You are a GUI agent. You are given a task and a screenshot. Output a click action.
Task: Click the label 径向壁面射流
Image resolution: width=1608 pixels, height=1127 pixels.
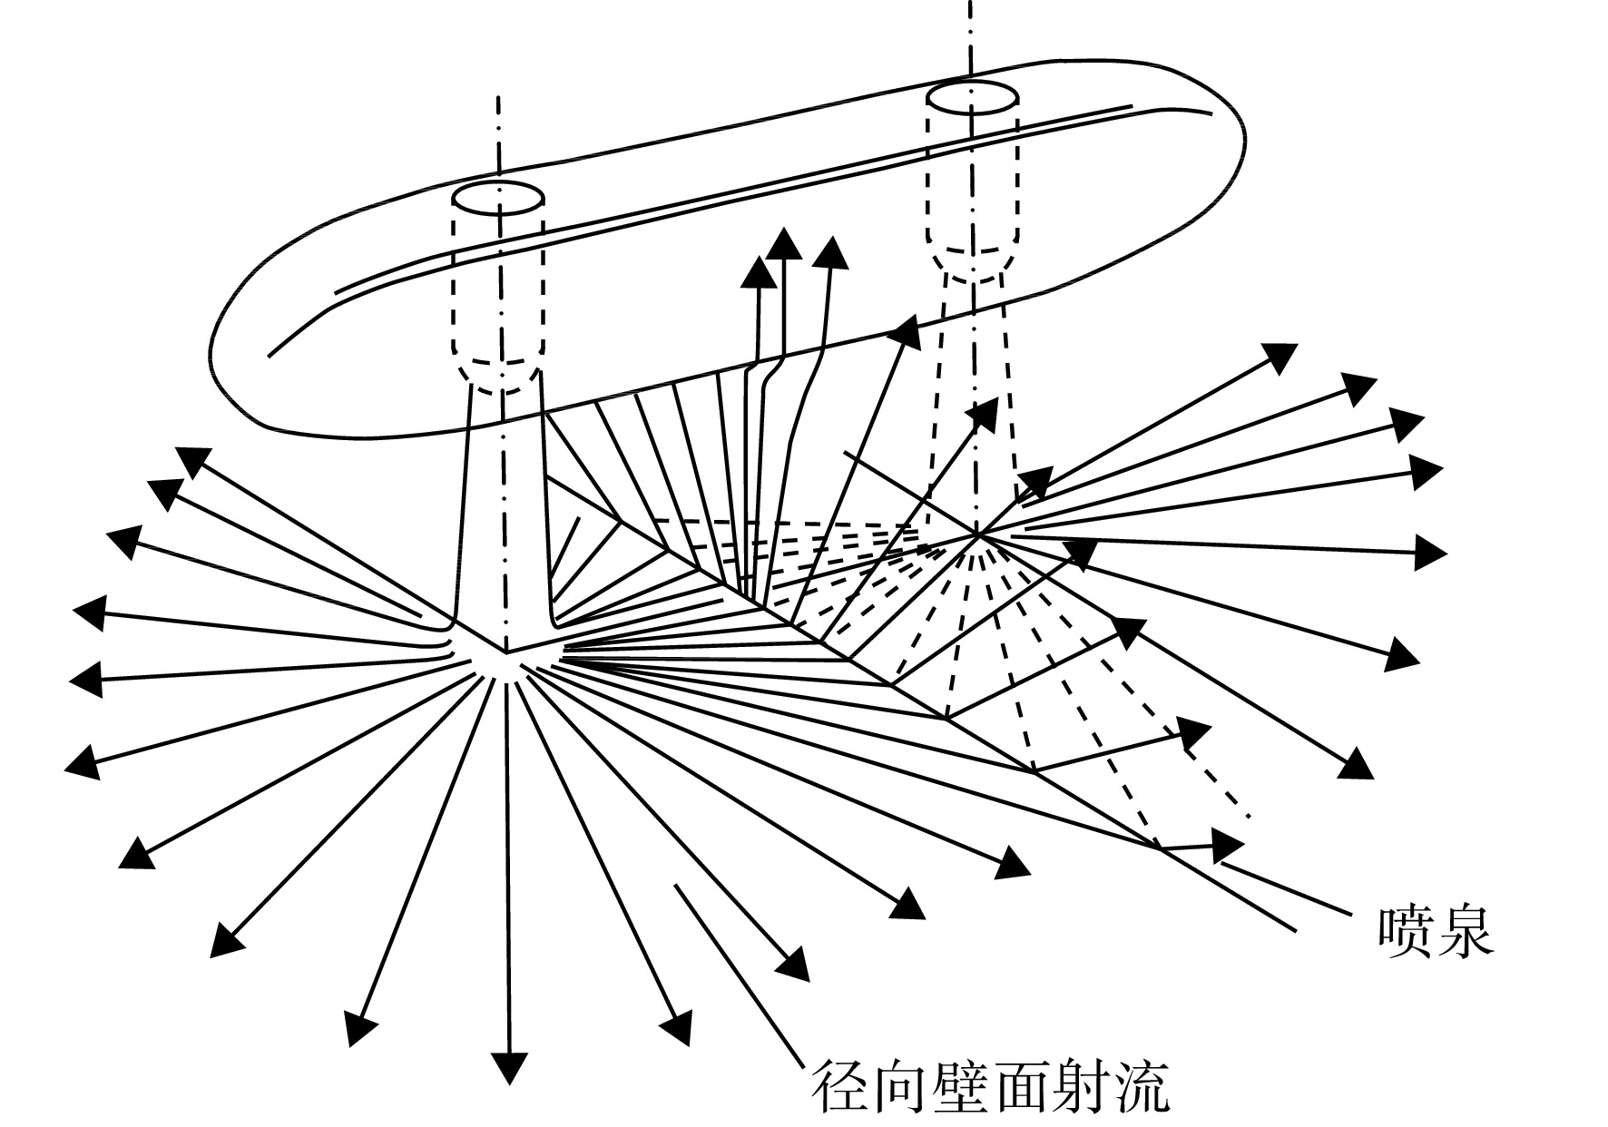point(988,1087)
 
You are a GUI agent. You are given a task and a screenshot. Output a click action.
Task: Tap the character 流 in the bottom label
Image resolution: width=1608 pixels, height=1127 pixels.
point(1139,1087)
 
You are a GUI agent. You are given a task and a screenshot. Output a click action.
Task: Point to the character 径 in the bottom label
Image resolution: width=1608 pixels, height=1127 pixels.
point(838,1087)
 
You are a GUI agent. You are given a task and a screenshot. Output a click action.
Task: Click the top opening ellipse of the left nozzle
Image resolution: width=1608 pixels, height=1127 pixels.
point(498,197)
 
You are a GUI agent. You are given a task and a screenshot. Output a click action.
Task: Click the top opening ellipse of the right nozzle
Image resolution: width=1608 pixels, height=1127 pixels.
point(972,96)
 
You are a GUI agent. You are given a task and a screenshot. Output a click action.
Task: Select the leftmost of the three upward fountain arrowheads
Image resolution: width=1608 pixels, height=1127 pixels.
point(757,271)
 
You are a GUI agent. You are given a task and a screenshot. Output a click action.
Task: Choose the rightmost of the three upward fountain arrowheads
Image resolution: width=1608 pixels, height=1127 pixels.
point(830,253)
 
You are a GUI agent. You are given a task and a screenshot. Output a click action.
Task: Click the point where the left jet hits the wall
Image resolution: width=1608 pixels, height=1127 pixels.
point(505,652)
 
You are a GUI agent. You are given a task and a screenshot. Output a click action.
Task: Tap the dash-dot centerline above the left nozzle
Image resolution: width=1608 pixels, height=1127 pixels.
point(498,136)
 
